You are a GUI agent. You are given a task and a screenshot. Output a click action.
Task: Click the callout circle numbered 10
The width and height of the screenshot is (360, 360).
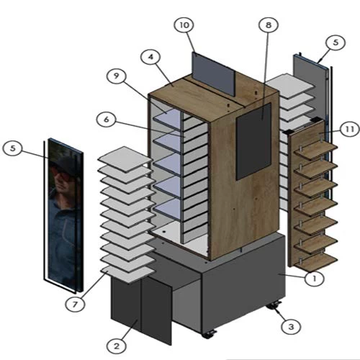click(x=184, y=25)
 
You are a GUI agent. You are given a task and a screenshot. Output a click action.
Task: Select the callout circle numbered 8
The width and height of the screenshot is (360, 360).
click(x=269, y=24)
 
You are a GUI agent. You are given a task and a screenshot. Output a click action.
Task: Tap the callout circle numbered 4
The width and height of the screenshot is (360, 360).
click(x=150, y=57)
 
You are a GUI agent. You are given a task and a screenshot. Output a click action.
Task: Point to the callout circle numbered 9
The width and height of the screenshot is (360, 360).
click(x=117, y=76)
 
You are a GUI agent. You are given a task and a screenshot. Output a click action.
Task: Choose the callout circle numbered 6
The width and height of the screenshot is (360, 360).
click(x=107, y=120)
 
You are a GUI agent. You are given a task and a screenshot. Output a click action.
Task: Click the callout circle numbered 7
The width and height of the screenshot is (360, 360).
click(x=75, y=305)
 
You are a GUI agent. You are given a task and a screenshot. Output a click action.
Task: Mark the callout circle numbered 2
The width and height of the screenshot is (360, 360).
click(x=117, y=346)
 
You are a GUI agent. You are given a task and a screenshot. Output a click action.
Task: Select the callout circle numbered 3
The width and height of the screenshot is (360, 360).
click(x=291, y=327)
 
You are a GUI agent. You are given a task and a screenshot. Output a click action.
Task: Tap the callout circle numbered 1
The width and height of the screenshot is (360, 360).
click(x=315, y=279)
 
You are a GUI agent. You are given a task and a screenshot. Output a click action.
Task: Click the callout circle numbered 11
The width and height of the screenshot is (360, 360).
click(x=350, y=130)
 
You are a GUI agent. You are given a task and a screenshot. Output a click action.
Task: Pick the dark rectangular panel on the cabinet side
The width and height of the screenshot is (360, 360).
click(x=254, y=142)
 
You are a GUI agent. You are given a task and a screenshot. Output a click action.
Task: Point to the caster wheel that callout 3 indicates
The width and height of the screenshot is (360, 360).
click(x=274, y=306)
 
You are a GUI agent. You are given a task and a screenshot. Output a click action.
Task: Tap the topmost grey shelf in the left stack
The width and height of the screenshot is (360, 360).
click(x=125, y=158)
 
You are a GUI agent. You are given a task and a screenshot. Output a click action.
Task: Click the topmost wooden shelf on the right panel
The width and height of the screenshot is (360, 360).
click(x=316, y=150)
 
